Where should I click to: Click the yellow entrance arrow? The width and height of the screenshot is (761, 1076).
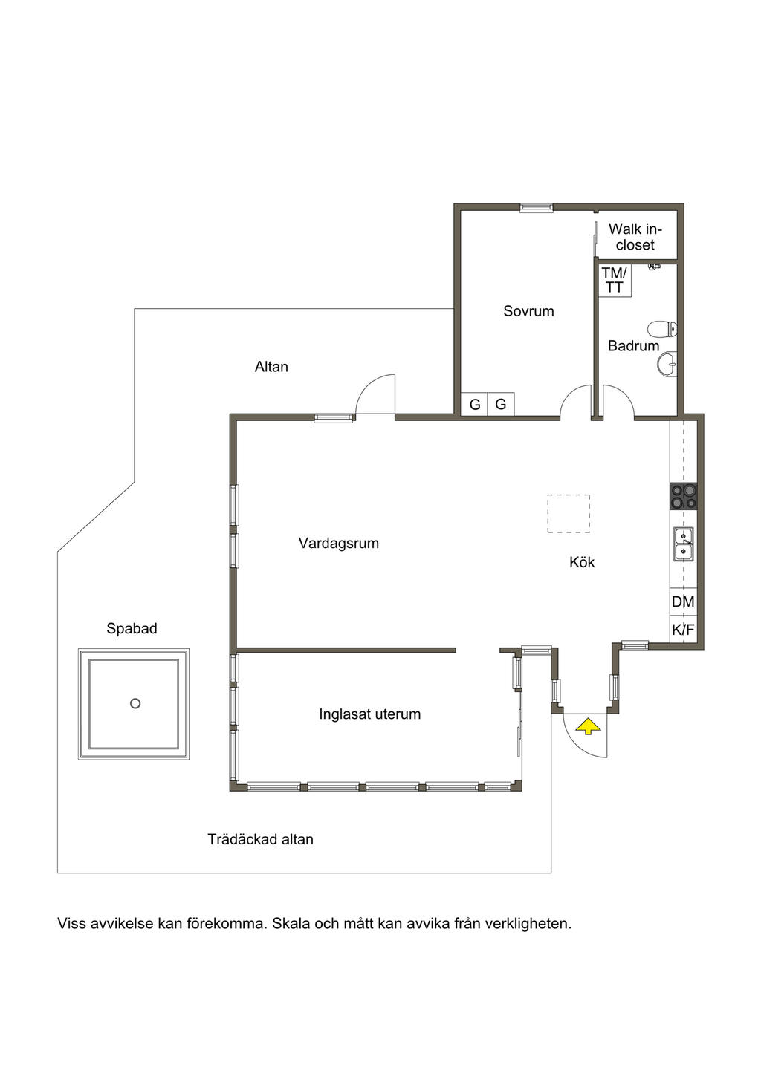[x=588, y=726]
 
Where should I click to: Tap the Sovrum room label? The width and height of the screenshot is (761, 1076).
[x=528, y=311]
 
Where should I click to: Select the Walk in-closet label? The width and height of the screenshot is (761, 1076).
[x=635, y=237]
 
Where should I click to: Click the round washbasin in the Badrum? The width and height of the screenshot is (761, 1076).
[x=667, y=364]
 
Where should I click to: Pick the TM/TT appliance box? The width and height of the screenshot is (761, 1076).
[x=615, y=280]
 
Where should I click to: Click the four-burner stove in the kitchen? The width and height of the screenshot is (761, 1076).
[x=683, y=496]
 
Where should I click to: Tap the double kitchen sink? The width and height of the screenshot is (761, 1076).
[x=683, y=544]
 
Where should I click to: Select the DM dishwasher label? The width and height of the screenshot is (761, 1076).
[x=683, y=601]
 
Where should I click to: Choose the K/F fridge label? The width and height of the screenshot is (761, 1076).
[x=683, y=630]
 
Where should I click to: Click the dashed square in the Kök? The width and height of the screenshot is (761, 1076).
[x=569, y=514]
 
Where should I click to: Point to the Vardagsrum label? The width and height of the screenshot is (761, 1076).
[x=338, y=544]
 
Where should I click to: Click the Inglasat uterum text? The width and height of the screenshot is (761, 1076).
[x=369, y=714]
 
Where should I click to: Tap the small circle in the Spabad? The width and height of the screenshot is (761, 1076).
[x=135, y=704]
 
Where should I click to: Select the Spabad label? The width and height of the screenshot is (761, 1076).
[x=132, y=629]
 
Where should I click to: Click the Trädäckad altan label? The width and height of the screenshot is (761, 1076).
[x=260, y=839]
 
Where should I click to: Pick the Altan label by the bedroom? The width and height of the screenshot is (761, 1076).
[x=271, y=367]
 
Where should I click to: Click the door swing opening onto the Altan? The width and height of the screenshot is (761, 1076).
[x=375, y=394]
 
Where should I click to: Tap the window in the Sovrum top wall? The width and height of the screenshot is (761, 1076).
[x=536, y=207]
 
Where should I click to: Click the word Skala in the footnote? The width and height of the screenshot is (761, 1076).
[x=291, y=924]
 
